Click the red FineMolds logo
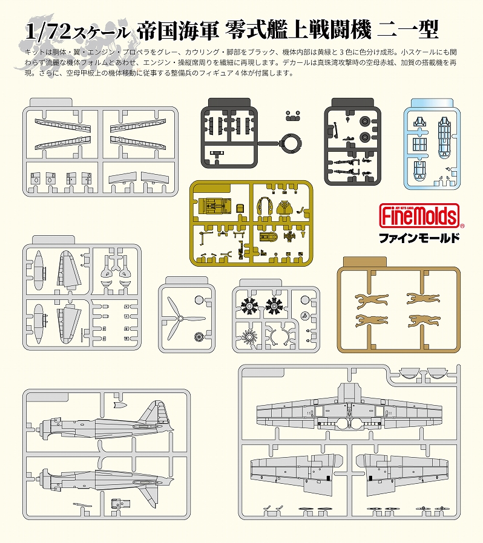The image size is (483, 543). tap(419, 216)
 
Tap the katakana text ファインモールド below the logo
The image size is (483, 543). tap(419, 238)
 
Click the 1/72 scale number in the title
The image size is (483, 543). tap(48, 33)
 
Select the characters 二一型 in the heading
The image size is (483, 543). tap(407, 30)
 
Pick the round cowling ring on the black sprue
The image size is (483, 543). tap(291, 143)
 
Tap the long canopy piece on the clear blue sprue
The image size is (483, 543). tap(444, 137)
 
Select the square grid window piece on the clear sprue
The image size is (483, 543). tap(419, 145)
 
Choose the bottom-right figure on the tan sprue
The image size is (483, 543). tap(424, 321)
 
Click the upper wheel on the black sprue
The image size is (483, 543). tap(365, 122)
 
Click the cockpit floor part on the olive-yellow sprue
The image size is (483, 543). tap(213, 206)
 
